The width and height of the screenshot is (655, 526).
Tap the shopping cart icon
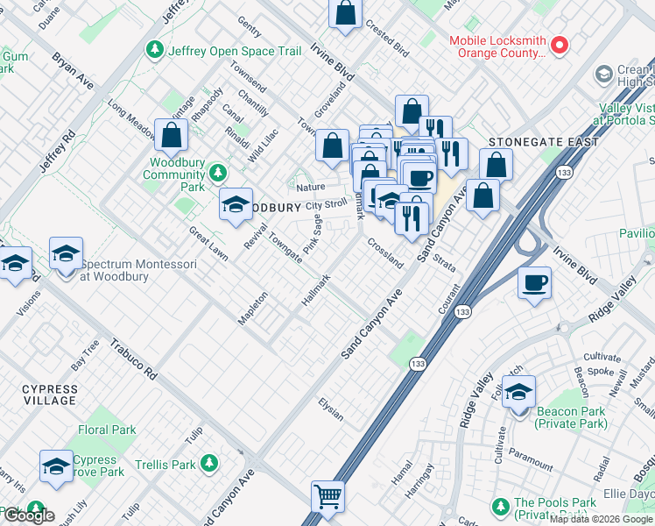(328, 496)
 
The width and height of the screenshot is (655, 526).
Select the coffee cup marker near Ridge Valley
(534, 284)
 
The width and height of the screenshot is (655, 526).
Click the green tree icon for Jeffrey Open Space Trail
(156, 50)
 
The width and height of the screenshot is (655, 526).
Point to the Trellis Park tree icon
(208, 463)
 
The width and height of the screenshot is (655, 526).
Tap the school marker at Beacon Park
(519, 391)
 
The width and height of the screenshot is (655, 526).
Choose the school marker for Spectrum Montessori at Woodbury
(66, 255)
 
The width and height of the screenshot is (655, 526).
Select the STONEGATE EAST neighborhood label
(544, 142)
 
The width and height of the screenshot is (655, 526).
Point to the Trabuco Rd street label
(133, 359)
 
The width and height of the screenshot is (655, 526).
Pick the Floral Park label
(107, 430)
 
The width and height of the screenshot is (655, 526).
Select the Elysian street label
(330, 409)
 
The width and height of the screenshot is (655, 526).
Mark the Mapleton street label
(252, 309)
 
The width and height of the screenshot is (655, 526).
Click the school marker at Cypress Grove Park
(56, 466)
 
